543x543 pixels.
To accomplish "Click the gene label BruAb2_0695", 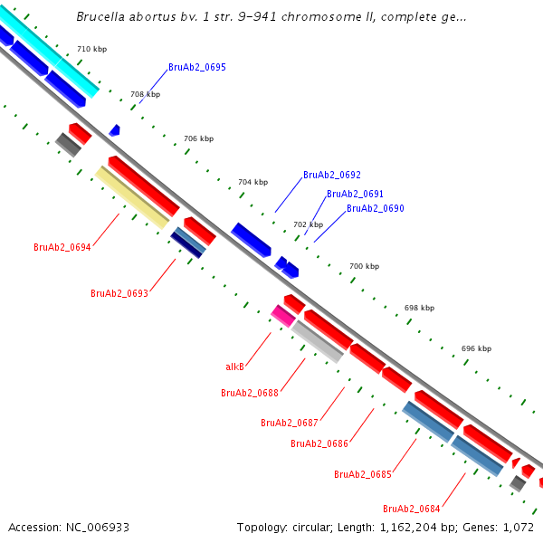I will (197, 68).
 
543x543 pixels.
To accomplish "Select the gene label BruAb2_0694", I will (62, 247).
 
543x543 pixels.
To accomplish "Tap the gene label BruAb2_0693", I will (119, 293).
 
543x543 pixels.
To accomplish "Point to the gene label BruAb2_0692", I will (332, 175).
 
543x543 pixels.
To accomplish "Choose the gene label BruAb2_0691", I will (355, 194).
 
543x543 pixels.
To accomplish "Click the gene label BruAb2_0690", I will (376, 208).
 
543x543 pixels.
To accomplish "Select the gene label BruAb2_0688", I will (250, 393).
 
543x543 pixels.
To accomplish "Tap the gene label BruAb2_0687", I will (290, 423).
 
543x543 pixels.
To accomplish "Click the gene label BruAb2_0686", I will (319, 443).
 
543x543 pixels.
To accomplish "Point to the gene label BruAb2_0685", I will (363, 474).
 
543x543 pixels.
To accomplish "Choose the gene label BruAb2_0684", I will (412, 508).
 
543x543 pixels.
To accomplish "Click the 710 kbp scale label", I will (91, 48).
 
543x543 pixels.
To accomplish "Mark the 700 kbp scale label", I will (364, 266).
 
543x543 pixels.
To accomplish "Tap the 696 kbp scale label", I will (476, 348).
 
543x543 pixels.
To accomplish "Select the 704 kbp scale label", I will (253, 182).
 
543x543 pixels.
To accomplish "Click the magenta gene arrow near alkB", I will (282, 315).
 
